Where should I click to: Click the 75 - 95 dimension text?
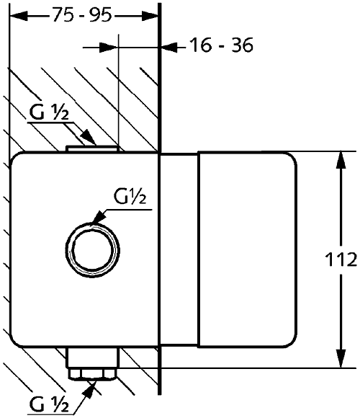tap(81, 14)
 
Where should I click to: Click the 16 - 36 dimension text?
tap(221, 45)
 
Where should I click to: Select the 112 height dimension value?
tap(341, 259)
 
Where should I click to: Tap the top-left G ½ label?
tap(49, 112)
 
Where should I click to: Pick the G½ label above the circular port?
tap(130, 196)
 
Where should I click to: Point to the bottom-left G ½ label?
tap(49, 404)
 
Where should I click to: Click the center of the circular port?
tap(92, 251)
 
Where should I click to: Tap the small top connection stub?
tap(92, 148)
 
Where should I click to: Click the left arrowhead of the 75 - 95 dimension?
tap(18, 16)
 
